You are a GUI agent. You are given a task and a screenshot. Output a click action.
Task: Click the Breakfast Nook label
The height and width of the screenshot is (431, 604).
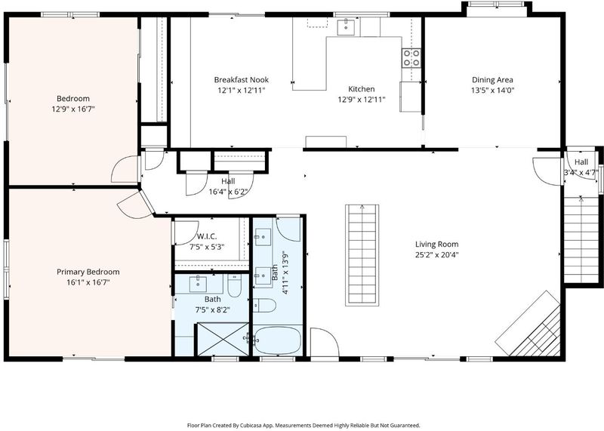(241, 80)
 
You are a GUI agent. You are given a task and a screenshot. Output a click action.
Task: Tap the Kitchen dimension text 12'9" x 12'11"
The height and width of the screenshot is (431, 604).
(362, 100)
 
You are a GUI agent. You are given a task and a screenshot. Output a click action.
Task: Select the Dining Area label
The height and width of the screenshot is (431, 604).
(492, 80)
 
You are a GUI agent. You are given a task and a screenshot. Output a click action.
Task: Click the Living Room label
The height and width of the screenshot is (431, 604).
(437, 244)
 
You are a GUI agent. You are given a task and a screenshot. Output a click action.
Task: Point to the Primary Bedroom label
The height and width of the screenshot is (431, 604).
(88, 272)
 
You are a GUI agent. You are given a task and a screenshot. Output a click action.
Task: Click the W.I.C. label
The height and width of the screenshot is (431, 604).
(207, 236)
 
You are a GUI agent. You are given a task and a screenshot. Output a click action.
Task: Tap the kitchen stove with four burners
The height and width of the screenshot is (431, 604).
(411, 58)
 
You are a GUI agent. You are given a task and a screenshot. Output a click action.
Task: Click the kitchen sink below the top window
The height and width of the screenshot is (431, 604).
(346, 26)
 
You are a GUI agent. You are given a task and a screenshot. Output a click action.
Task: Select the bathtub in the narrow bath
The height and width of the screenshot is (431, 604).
(277, 340)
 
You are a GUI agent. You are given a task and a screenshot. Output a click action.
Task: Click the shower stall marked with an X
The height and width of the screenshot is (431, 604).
(223, 339)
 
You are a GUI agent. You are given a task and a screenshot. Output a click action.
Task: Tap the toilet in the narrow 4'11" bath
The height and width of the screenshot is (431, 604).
(265, 306)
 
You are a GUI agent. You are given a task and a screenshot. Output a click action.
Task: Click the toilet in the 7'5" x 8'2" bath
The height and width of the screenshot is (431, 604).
(234, 285)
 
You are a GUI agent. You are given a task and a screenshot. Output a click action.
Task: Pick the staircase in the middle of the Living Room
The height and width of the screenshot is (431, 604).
(362, 255)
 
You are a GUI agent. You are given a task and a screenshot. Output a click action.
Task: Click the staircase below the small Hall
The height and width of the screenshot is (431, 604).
(581, 239)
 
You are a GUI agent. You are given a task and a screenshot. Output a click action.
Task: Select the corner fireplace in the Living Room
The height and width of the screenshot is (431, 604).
(528, 324)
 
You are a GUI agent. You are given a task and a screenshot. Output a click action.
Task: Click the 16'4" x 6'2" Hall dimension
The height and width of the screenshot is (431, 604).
(228, 192)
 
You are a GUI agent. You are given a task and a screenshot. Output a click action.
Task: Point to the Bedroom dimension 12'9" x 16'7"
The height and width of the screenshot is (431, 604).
(73, 109)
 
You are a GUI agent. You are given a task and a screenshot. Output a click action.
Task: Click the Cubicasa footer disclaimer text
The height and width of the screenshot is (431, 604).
(304, 425)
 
